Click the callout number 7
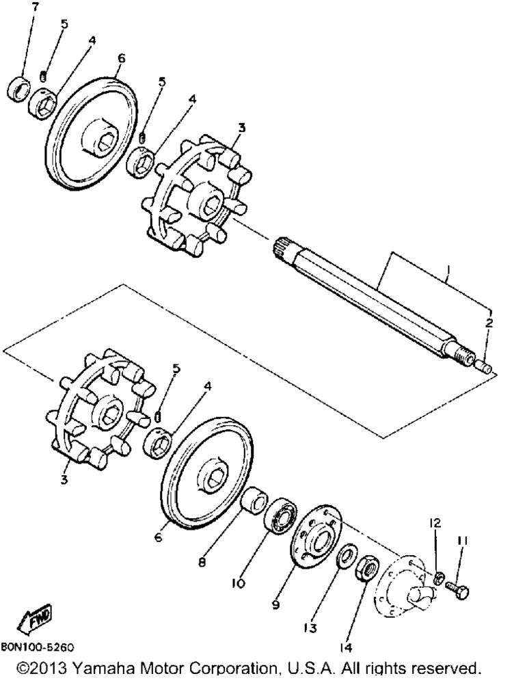pos(36,7)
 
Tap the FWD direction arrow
pos(34,618)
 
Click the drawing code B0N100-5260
pos(38,647)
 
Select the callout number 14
pos(346,647)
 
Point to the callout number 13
pos(310,628)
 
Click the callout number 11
pos(461,541)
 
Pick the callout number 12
pos(435,522)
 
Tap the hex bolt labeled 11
pos(457,590)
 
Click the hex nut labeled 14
pos(367,568)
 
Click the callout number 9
pos(276,604)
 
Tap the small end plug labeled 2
pos(484,367)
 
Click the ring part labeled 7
pos(19,90)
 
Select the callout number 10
pos(239,583)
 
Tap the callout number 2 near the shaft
pos(489,323)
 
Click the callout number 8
pos(202,563)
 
